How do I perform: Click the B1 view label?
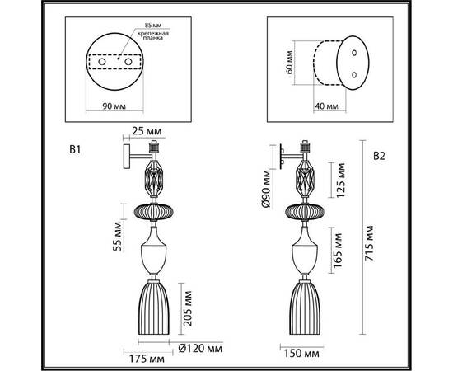pos(74,151)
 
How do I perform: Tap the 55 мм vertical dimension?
pos(117,233)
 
